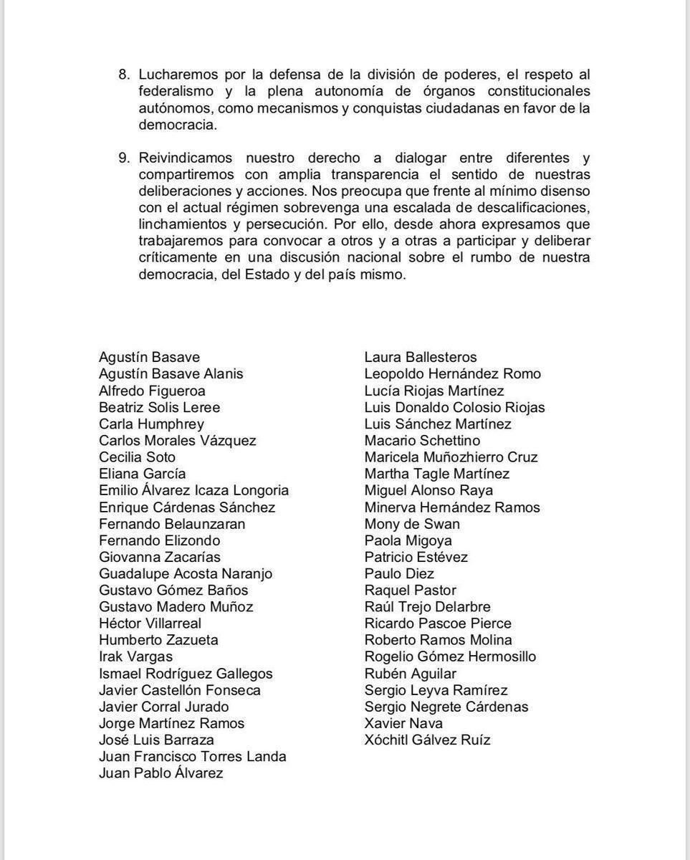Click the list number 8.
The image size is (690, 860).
tap(123, 75)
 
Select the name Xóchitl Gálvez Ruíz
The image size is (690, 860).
tap(427, 740)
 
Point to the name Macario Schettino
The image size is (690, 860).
tap(422, 441)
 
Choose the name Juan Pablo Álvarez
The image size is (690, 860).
tap(160, 773)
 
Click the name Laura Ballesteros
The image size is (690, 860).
tap(420, 358)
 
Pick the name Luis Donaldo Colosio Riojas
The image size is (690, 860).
tap(454, 408)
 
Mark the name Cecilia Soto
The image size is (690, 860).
tap(137, 457)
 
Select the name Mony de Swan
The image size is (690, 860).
tap(412, 524)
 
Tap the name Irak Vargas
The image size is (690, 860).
tap(135, 656)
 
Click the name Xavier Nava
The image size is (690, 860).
tap(403, 723)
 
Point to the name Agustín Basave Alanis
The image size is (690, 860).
tap(171, 374)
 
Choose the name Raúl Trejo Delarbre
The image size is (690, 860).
tap(427, 607)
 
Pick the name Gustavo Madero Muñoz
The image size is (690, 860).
tap(176, 607)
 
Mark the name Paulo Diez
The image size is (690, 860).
tap(399, 573)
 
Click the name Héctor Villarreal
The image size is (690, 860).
tap(150, 623)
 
